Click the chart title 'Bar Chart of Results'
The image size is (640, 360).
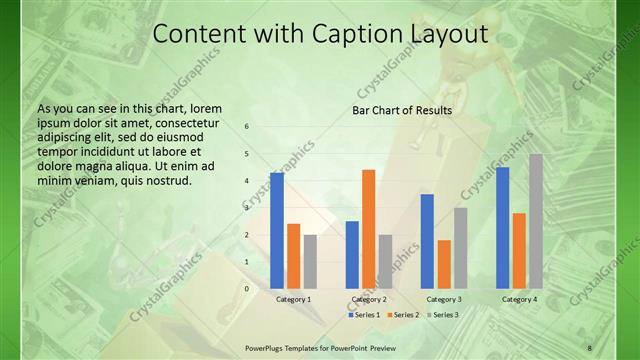[x=402, y=110]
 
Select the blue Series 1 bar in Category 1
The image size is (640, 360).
[x=277, y=230]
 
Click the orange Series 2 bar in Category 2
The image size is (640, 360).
[x=368, y=229]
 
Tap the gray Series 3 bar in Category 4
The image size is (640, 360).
[x=536, y=221]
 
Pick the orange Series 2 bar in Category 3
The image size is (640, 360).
[x=444, y=264]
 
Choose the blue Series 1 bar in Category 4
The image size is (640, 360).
[x=503, y=227]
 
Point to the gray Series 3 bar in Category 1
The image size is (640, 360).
[x=310, y=261]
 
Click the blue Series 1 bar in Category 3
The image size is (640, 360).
[x=427, y=241]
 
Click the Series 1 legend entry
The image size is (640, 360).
[x=364, y=315]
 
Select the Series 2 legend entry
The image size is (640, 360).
[x=403, y=315]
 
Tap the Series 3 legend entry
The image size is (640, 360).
[x=442, y=315]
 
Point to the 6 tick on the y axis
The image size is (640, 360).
[x=247, y=127]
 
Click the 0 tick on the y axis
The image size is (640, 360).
[x=247, y=289]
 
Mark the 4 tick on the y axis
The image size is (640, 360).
[x=247, y=181]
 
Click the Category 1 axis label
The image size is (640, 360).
[x=293, y=299]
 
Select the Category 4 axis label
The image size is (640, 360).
[x=519, y=299]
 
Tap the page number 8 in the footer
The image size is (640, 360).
[x=589, y=347]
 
